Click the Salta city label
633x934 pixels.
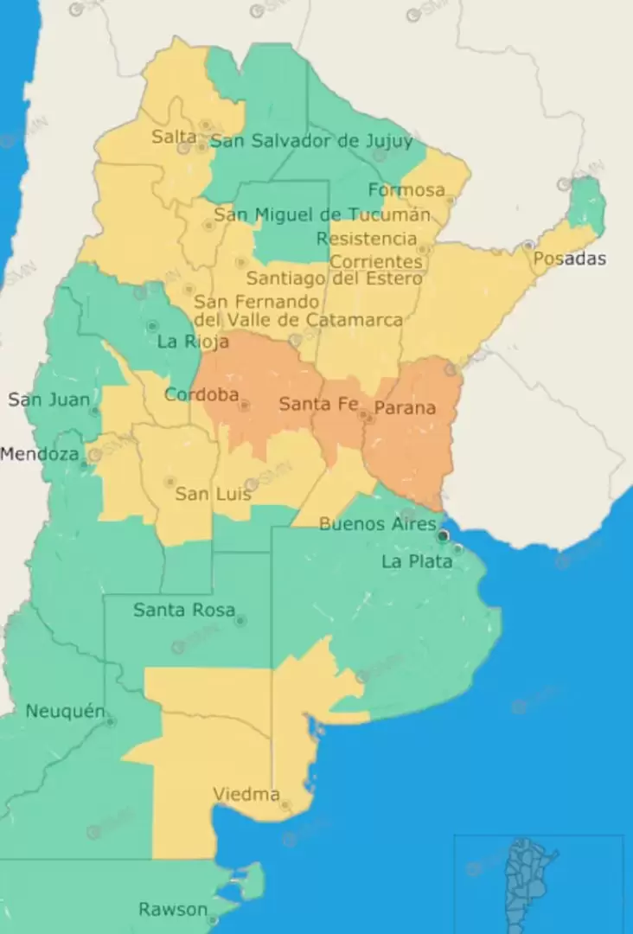coord(173,137)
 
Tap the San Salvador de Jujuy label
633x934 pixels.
coord(311,141)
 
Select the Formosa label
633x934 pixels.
coord(406,189)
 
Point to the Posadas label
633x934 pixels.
coord(570,259)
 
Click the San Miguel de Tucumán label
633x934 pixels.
coord(322,214)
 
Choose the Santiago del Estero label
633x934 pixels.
coord(335,278)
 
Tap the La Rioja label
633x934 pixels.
coord(193,342)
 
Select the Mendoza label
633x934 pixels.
coord(40,453)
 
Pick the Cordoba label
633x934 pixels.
coord(201,394)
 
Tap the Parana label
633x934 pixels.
coord(405,407)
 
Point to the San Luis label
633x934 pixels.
coord(213,494)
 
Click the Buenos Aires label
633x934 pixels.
coord(378,523)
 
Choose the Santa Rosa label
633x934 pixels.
coord(183,611)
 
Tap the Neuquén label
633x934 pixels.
coord(65,712)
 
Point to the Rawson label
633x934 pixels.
coord(173,910)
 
